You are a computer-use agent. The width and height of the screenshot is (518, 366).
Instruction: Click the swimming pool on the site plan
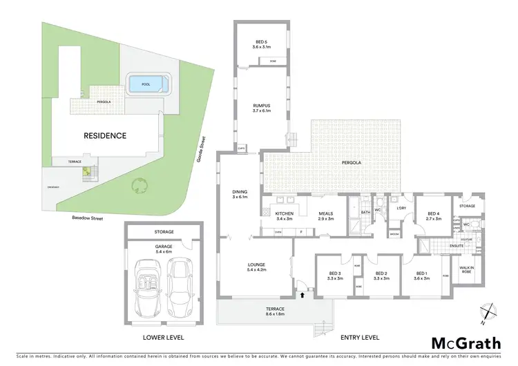(146, 85)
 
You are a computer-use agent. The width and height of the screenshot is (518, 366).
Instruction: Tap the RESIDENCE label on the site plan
(105, 135)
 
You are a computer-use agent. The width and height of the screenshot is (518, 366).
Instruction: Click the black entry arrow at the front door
(301, 295)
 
